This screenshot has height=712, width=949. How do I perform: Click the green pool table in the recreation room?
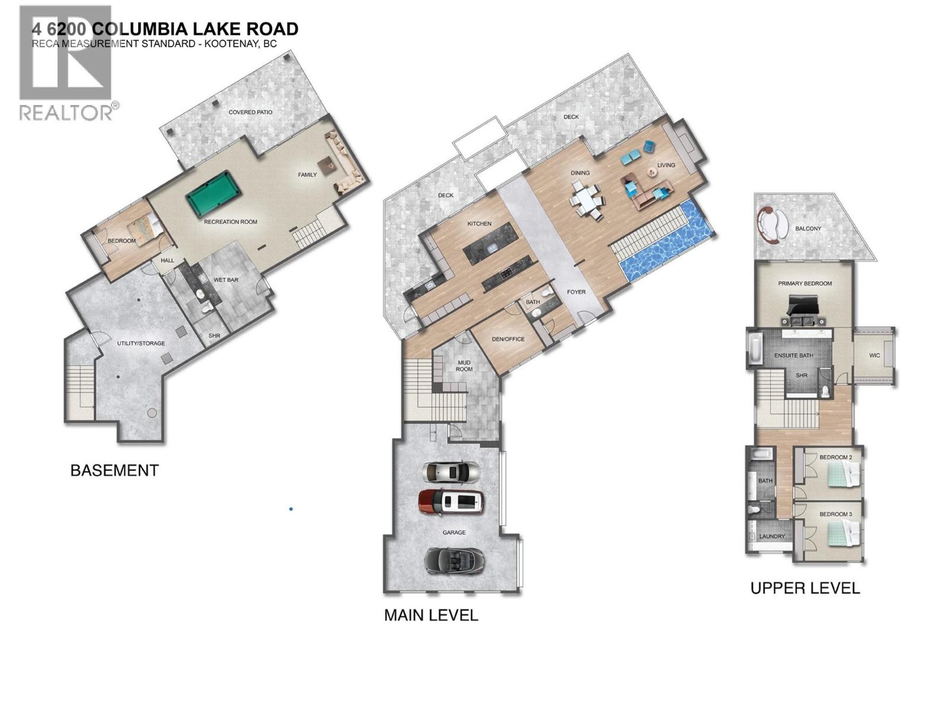tap(209, 193)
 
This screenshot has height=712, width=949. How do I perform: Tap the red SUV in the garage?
tap(451, 502)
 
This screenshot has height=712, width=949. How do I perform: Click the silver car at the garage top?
tap(451, 472)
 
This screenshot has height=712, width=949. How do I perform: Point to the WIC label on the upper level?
tap(874, 355)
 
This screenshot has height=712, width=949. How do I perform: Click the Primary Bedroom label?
tap(805, 284)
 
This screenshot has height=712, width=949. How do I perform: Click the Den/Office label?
tap(508, 339)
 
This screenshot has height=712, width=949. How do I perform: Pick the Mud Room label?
tap(464, 365)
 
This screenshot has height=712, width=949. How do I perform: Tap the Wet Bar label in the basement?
tap(226, 280)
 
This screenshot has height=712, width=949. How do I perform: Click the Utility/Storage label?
tap(141, 344)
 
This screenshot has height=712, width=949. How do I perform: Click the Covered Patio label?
tap(250, 112)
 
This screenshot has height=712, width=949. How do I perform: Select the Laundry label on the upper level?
tap(772, 536)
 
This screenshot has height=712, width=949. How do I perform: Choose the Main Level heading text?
tap(431, 615)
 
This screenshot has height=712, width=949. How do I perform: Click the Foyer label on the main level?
tap(576, 292)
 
